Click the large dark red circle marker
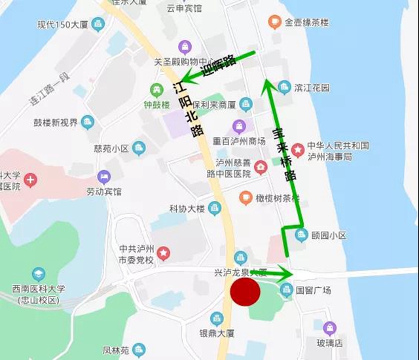coord(246,292)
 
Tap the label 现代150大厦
coord(62,25)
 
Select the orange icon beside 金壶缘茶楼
coord(274,22)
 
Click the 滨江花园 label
coord(312,87)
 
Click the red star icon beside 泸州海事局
coord(298,151)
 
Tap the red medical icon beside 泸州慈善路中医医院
coord(261,168)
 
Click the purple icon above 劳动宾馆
coord(103,177)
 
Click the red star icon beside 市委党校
coord(163,252)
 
